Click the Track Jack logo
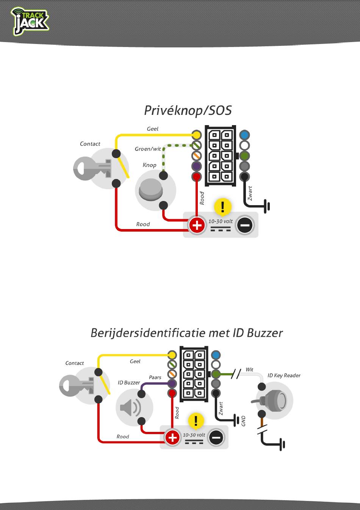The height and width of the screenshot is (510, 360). coord(30,22)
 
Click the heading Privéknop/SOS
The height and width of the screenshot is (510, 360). coord(188,110)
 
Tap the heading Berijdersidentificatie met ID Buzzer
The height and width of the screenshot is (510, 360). coord(186,333)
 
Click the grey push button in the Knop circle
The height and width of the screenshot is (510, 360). coord(151,189)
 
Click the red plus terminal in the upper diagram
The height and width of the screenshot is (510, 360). coord(197,225)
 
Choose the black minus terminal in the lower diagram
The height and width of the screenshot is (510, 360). coord(216,438)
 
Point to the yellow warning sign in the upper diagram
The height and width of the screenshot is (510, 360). coord(223,207)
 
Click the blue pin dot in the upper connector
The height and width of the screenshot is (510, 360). coord(244,135)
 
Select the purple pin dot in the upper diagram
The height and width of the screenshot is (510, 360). coord(196,166)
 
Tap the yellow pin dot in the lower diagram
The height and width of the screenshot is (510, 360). coord(172,355)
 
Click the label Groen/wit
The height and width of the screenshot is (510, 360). coord(148,149)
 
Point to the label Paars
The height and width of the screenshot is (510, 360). coord(155,377)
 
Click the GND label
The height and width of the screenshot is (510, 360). coord(244,421)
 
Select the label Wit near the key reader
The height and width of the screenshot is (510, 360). coord(249,369)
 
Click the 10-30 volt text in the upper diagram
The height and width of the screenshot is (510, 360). coord(221,221)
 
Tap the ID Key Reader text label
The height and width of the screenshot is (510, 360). coord(284,375)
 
